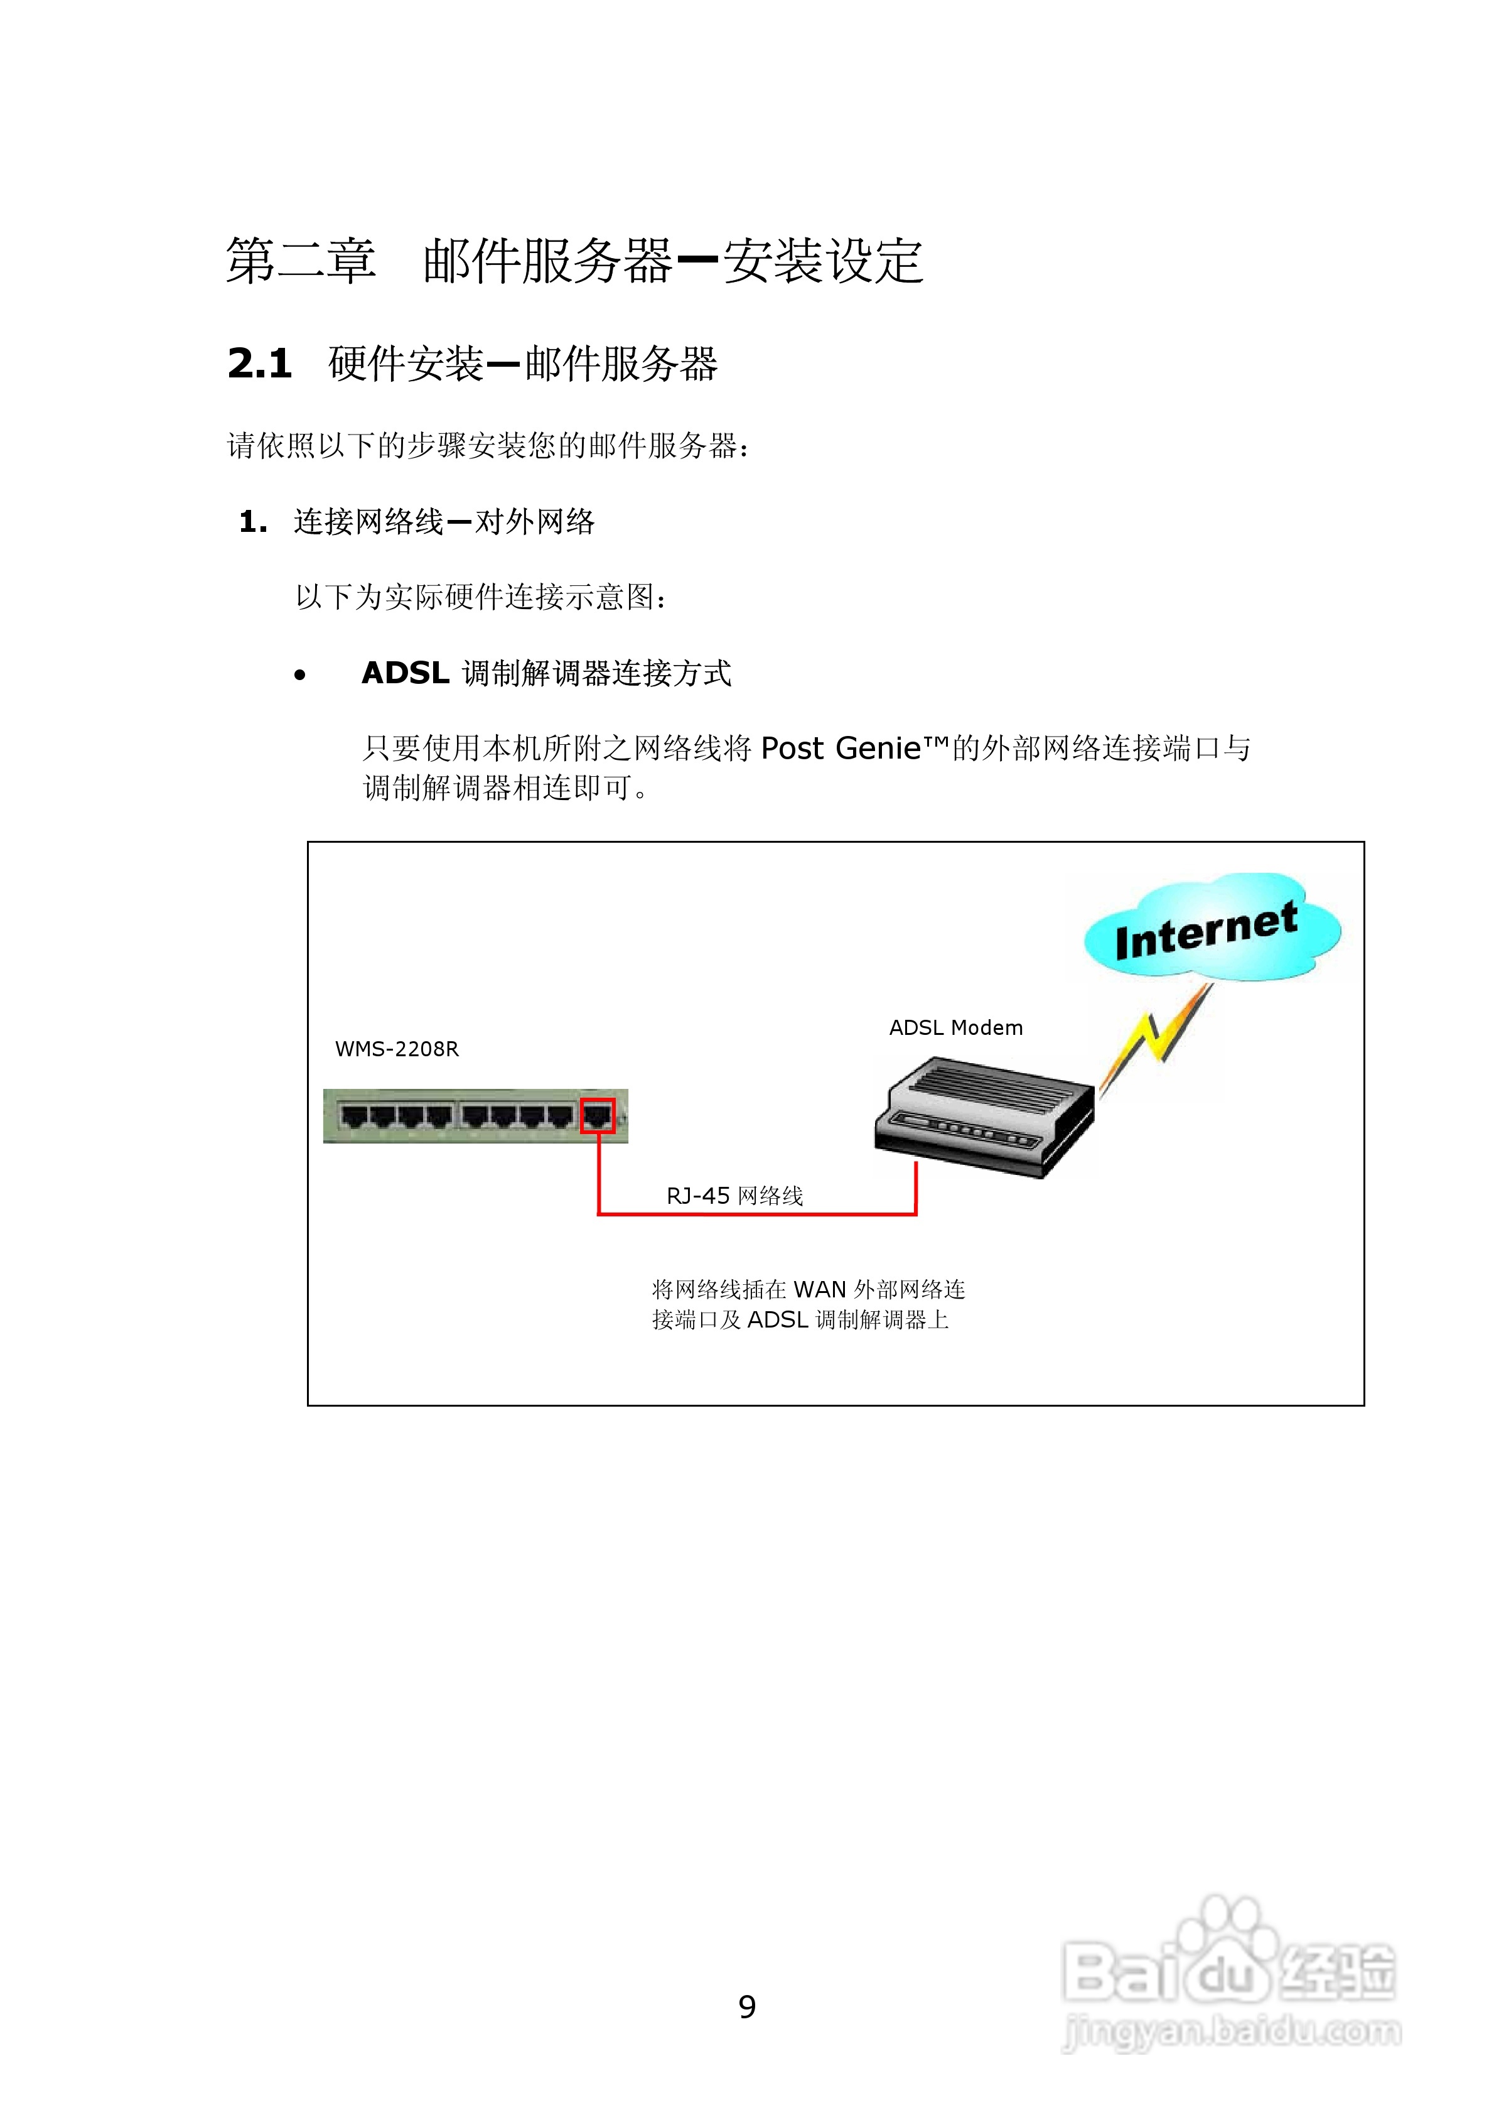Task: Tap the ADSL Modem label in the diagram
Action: coord(955,1028)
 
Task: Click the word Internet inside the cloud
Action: coord(1206,931)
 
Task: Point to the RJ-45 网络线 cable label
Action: coord(734,1196)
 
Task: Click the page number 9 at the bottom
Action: coord(747,2006)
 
